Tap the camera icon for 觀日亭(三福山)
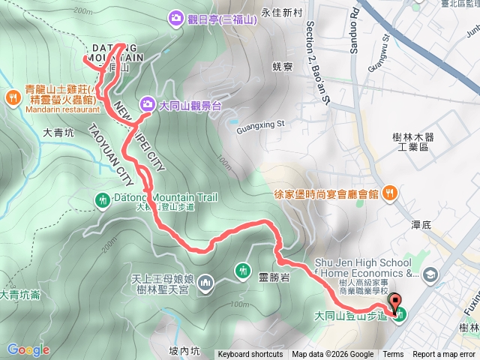(x=176, y=16)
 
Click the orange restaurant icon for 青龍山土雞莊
(x=13, y=97)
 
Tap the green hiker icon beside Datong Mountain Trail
(x=102, y=199)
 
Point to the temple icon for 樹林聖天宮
(x=207, y=283)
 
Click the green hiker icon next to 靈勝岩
(x=242, y=271)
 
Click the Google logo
(x=28, y=349)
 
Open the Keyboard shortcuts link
(x=250, y=355)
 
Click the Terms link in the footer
(x=393, y=355)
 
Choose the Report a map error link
(x=445, y=355)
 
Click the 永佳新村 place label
(x=281, y=13)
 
